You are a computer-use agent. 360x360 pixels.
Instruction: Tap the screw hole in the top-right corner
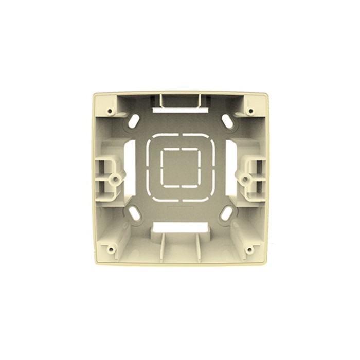[x=250, y=111]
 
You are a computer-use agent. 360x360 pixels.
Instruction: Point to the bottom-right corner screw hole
[x=249, y=250]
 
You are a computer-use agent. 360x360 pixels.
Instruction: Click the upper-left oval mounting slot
[x=134, y=121]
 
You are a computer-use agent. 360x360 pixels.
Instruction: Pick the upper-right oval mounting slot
[x=227, y=121]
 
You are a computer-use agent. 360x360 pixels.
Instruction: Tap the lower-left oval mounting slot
[x=134, y=213]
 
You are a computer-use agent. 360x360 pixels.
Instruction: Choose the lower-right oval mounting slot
[x=226, y=213]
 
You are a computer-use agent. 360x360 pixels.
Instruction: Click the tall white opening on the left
[x=130, y=168]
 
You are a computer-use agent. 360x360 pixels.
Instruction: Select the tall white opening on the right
[x=231, y=168]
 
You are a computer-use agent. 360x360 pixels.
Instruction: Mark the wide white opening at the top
[x=180, y=110]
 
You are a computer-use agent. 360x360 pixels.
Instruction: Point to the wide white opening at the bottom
[x=180, y=227]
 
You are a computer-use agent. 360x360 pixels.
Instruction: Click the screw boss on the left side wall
[x=117, y=178]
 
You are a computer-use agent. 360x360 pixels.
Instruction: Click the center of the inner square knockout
[x=180, y=167]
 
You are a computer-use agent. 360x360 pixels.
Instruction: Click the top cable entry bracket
[x=180, y=100]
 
